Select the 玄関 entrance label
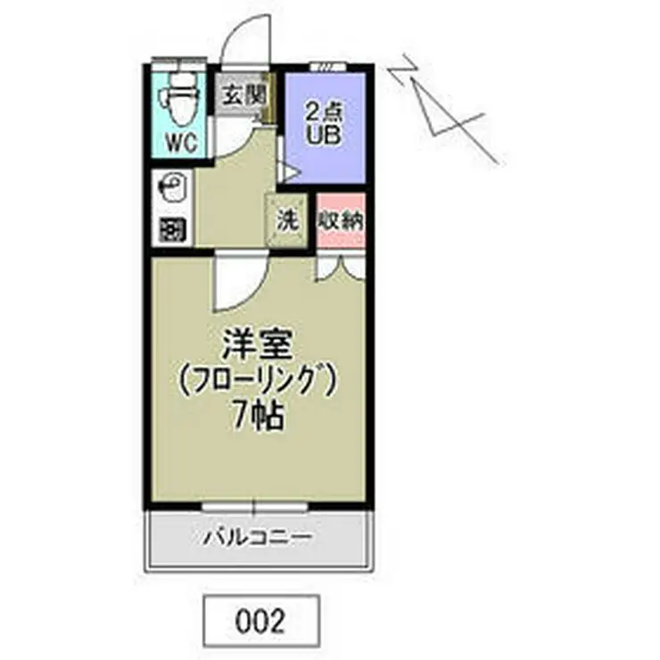[x=243, y=94]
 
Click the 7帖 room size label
[x=259, y=416]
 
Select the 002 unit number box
[x=260, y=620]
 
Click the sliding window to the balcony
[x=255, y=507]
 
